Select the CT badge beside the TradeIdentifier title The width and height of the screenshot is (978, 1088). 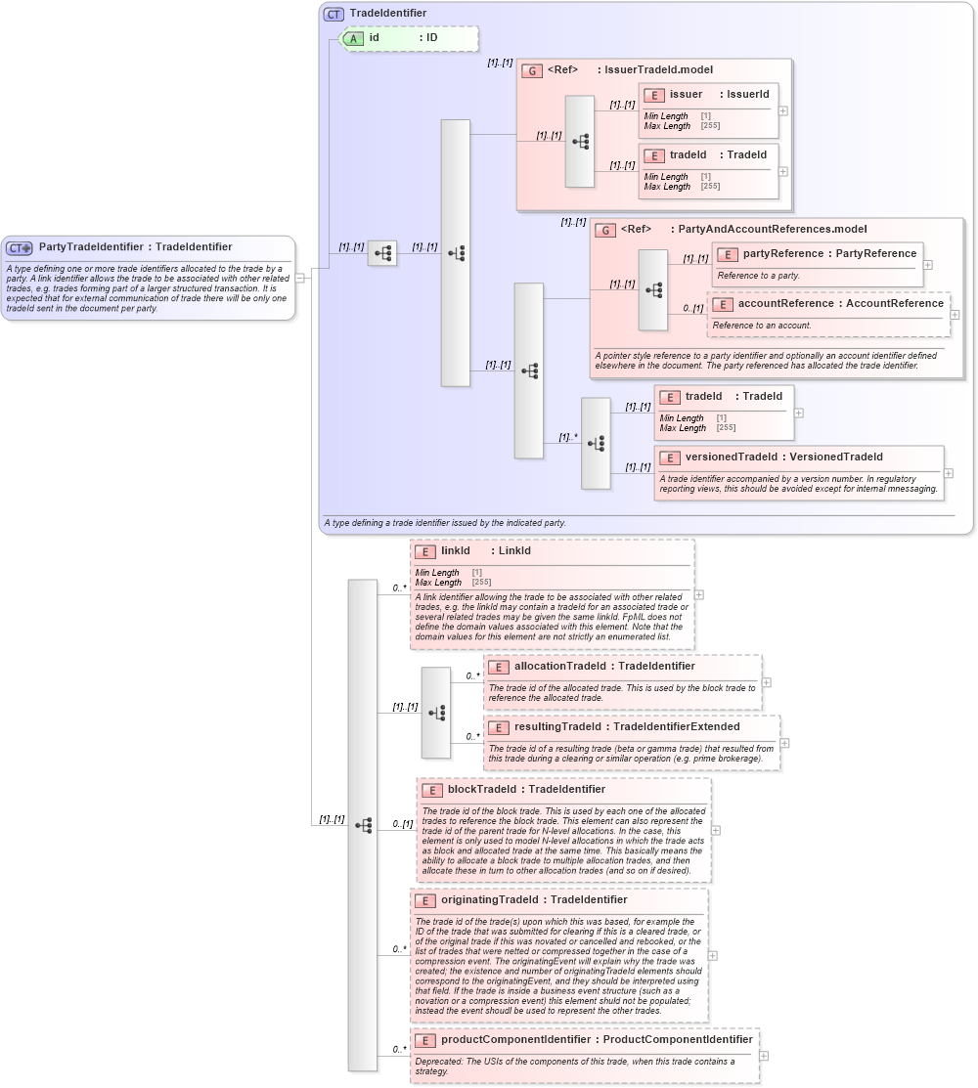333,14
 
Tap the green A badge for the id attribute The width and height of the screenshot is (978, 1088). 353,38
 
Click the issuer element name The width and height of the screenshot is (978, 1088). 686,94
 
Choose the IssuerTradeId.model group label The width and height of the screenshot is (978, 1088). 658,70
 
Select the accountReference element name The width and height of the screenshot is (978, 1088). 785,304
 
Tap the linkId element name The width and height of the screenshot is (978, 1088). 456,551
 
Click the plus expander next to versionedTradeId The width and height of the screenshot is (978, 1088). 949,473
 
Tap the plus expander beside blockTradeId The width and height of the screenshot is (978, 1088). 716,830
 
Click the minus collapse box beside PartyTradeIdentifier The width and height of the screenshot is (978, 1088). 300,278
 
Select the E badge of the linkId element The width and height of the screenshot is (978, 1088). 424,551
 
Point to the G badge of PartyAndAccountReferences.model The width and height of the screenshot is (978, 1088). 605,230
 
